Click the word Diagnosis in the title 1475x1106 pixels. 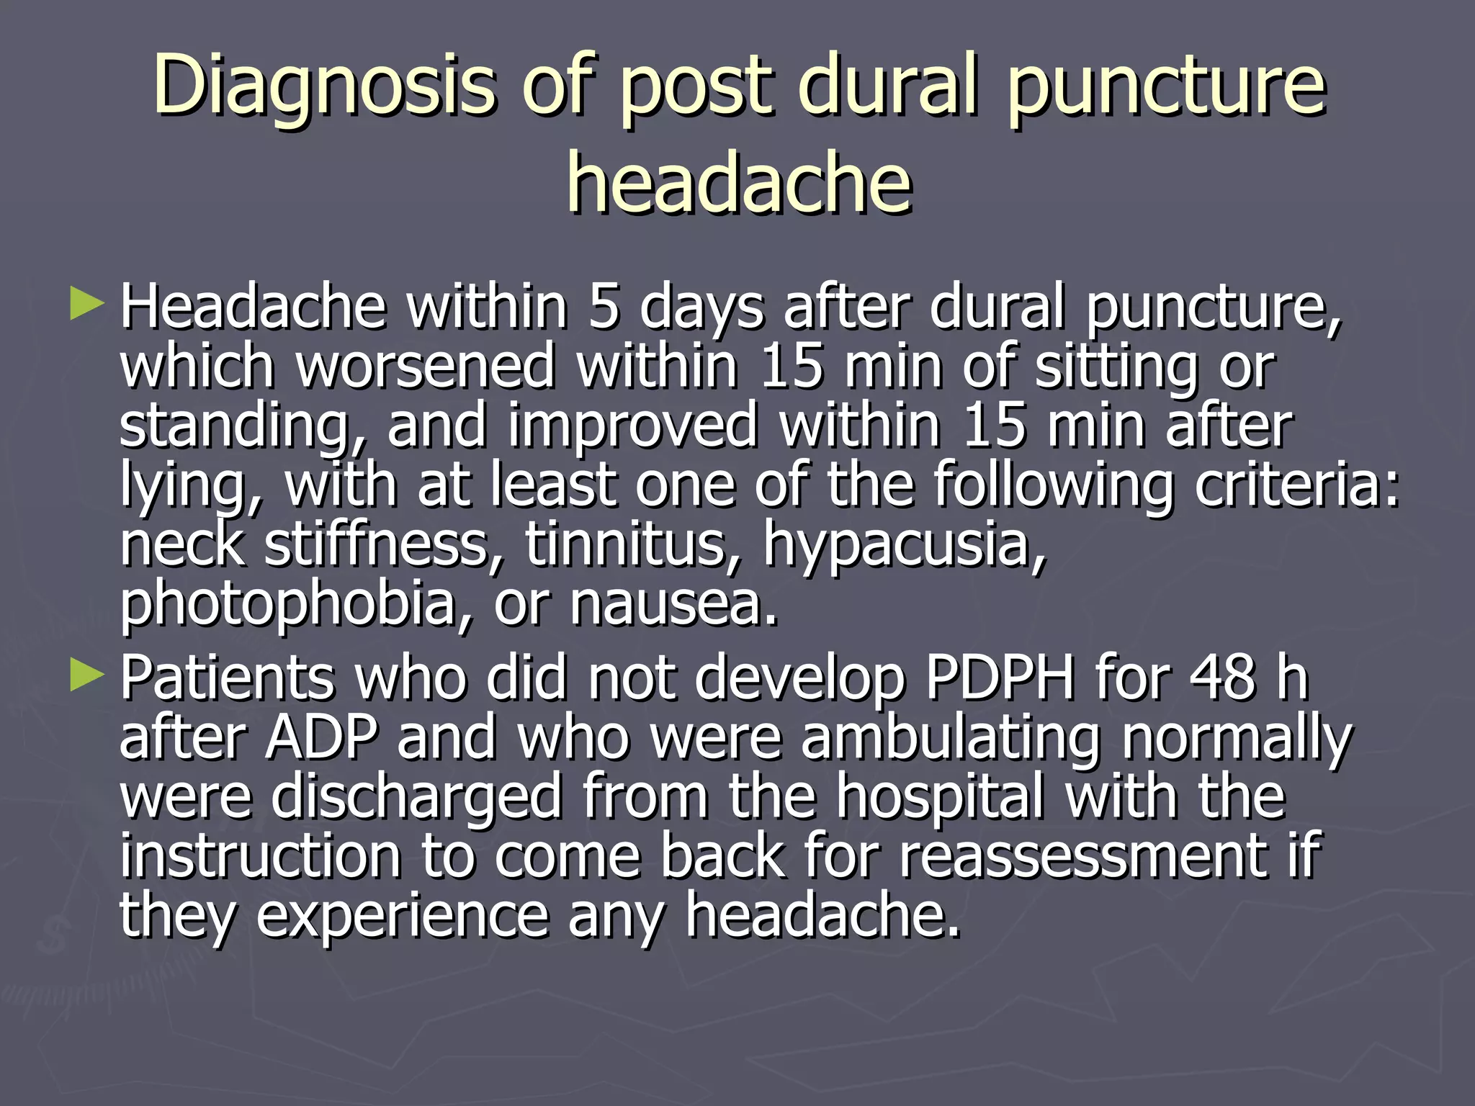point(324,88)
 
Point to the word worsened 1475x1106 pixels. point(426,367)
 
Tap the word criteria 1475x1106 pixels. point(1297,485)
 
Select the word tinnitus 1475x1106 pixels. point(633,544)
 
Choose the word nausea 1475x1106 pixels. point(673,605)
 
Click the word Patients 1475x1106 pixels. point(227,678)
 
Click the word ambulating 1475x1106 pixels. point(951,739)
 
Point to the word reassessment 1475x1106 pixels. point(1083,857)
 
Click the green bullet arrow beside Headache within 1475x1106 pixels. point(87,304)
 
